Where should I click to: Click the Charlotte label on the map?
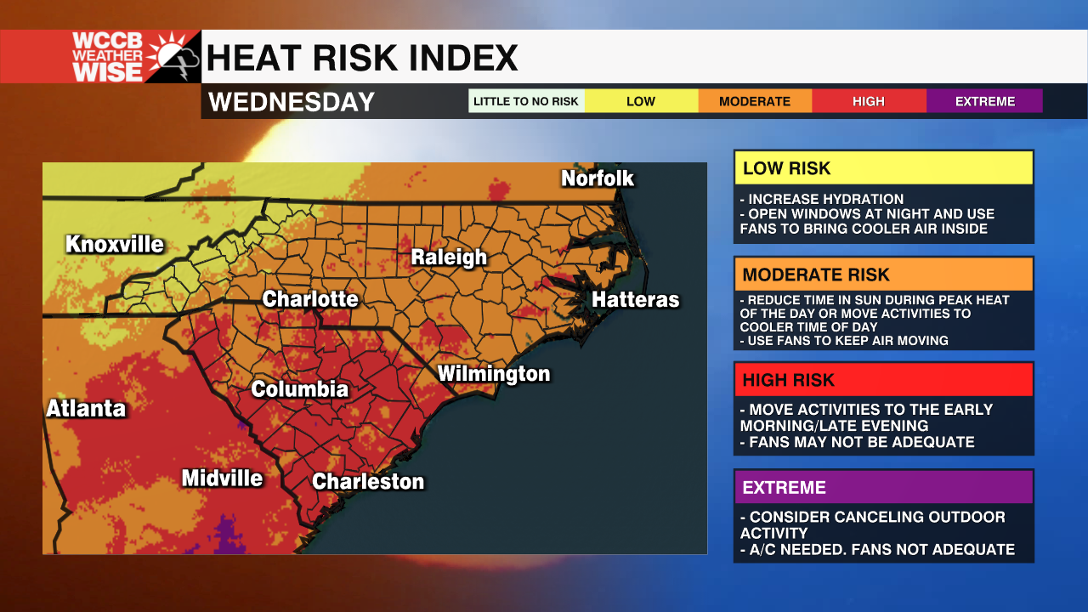point(310,299)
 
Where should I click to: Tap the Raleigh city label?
point(449,258)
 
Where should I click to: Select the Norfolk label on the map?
point(598,178)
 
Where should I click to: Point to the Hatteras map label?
point(636,300)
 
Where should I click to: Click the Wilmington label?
point(494,374)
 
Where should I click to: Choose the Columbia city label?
point(300,389)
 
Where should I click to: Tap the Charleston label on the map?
point(368,482)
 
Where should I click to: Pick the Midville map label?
point(222,479)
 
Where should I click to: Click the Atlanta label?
point(86,409)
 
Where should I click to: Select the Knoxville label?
point(115,245)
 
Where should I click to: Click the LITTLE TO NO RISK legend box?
point(526,101)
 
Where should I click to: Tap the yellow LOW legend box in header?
point(641,101)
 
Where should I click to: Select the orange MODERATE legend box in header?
point(755,101)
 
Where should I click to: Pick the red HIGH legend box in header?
point(869,101)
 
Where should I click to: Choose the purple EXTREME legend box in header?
point(984,101)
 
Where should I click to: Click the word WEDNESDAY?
point(292,102)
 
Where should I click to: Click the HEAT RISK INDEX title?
point(362,58)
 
